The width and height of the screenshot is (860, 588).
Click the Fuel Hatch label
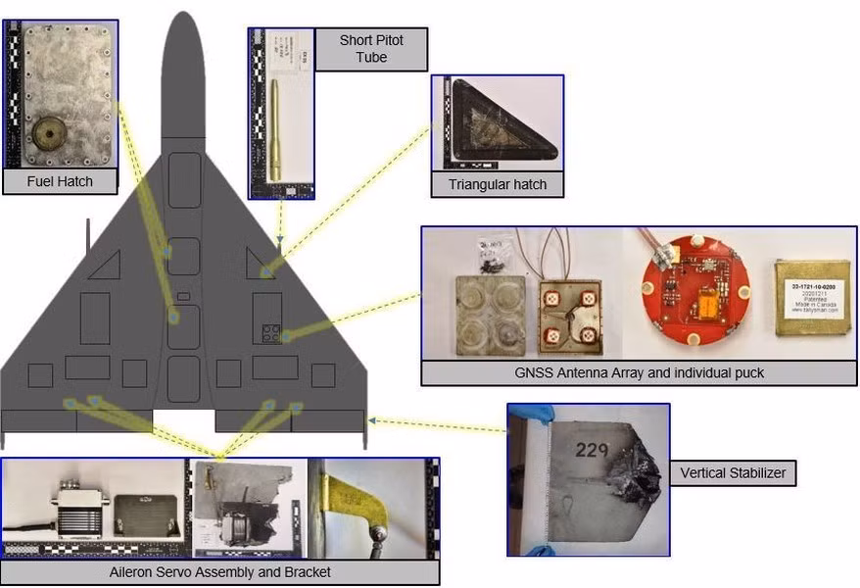click(61, 181)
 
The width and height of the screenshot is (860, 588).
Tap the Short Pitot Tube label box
click(370, 49)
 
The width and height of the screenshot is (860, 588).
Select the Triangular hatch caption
click(498, 184)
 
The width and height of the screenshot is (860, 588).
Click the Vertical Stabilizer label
click(732, 474)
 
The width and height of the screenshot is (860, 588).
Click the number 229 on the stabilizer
click(592, 450)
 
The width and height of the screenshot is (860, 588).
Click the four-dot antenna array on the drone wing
click(268, 333)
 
